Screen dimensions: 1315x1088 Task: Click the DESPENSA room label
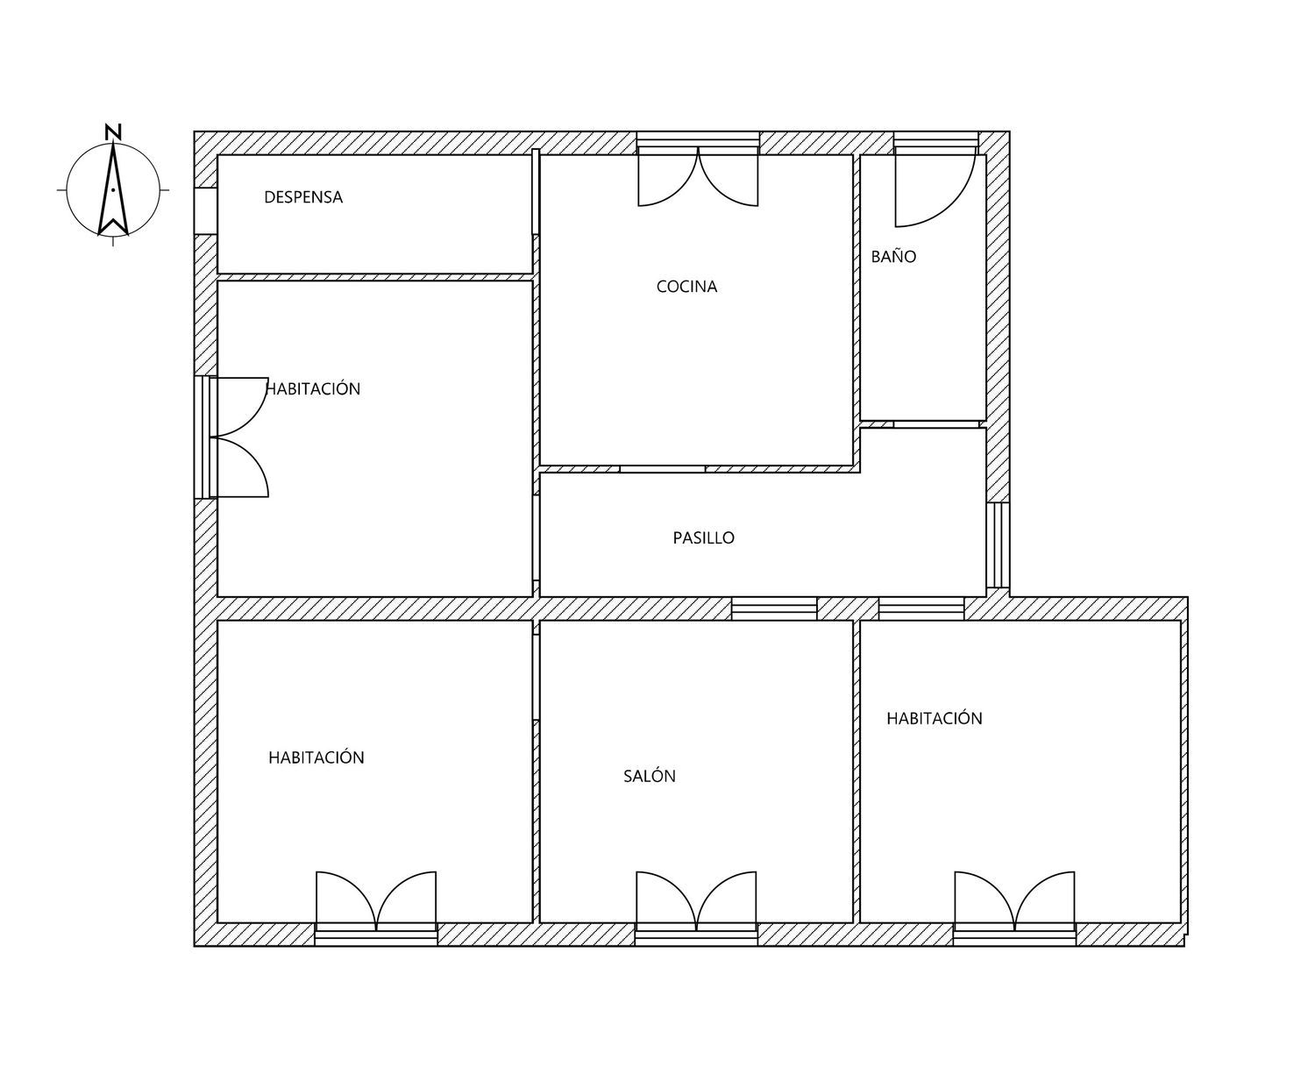[x=303, y=197]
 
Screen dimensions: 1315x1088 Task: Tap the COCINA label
[x=686, y=287]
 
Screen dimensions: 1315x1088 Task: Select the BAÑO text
[x=893, y=256]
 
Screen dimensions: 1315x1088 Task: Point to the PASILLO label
[x=703, y=537]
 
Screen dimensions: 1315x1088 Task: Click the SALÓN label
[x=650, y=775]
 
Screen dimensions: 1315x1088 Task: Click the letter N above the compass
[x=113, y=132]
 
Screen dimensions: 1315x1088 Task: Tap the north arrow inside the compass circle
[x=113, y=189]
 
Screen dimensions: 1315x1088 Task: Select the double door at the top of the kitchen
[x=698, y=177]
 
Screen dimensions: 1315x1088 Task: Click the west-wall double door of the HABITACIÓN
[x=239, y=437]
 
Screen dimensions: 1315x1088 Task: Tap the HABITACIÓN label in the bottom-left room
[x=316, y=757]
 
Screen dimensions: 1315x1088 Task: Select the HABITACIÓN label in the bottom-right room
[x=934, y=718]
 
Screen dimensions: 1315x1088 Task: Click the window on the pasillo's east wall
[x=998, y=545]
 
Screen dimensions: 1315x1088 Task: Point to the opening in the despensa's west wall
[x=205, y=211]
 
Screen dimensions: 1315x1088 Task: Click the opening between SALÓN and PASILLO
[x=774, y=608]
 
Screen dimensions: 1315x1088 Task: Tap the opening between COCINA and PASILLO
[x=663, y=469]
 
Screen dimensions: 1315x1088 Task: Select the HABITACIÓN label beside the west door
[x=313, y=388]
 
